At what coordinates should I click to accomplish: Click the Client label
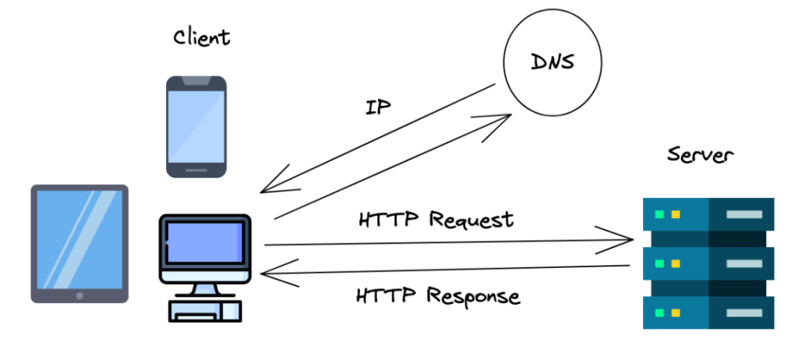(201, 37)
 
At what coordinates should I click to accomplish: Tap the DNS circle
(552, 63)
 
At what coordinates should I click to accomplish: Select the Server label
(699, 155)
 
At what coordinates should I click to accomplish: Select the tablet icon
(79, 243)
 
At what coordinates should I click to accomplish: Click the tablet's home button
(79, 295)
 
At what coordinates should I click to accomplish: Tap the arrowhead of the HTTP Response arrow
(267, 274)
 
